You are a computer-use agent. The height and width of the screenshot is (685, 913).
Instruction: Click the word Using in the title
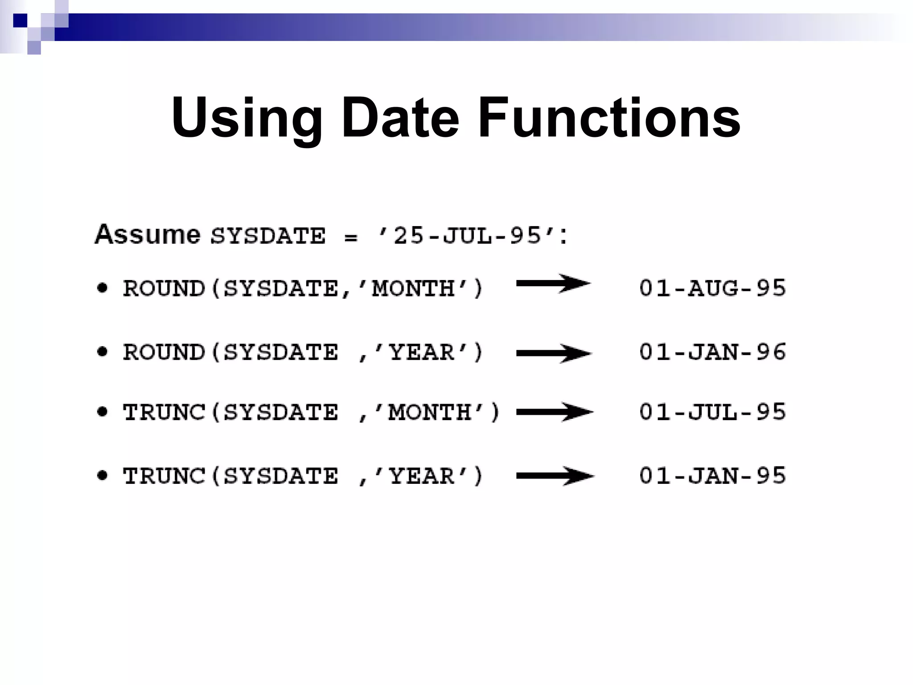point(247,118)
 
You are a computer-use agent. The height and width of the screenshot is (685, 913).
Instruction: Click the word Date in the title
point(400,118)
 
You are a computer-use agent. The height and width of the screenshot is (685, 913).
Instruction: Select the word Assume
point(148,235)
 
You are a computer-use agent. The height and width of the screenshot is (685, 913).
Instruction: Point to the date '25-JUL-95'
point(468,235)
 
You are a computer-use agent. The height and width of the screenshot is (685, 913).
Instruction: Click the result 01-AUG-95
point(712,288)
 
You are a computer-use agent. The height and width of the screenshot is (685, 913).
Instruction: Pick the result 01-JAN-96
point(712,352)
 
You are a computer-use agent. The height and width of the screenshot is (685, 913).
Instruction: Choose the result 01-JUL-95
point(712,412)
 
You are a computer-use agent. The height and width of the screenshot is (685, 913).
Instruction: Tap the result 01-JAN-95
point(712,476)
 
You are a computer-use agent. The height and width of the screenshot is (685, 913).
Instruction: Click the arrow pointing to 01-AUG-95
point(553,284)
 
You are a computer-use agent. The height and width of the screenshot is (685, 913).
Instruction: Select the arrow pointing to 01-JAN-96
point(554,353)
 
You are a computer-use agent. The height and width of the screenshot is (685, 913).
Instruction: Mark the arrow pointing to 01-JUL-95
point(555,412)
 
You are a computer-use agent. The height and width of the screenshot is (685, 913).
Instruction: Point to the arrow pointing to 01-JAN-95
point(555,476)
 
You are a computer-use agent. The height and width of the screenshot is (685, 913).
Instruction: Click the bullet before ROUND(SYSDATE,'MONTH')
point(103,288)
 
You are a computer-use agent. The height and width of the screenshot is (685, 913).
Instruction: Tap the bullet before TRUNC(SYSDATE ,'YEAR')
point(103,475)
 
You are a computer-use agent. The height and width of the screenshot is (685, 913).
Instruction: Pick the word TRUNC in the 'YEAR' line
point(164,476)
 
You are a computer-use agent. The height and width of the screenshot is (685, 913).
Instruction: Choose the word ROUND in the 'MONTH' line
point(164,288)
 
